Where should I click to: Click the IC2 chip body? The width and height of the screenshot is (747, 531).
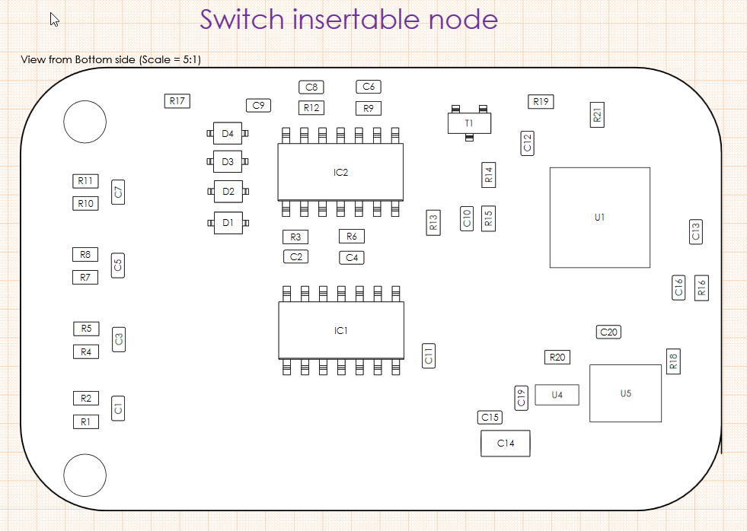point(340,173)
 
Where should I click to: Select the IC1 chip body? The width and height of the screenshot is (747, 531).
point(340,331)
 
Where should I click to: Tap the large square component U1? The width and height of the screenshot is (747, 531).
point(599,218)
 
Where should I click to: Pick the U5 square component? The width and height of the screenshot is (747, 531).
point(625,393)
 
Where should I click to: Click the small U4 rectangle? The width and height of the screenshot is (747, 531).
point(557,395)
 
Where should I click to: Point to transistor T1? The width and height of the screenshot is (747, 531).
point(468,122)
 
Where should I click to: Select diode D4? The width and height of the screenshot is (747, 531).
point(228,134)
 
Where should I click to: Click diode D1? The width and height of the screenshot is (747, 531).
point(228,223)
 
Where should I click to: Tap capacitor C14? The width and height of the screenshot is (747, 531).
point(505,443)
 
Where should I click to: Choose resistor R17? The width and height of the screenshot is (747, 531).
point(177,100)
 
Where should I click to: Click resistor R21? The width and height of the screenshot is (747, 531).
point(597,115)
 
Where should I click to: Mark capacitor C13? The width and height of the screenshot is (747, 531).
point(694,231)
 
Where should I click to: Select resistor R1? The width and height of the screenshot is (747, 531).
point(85,421)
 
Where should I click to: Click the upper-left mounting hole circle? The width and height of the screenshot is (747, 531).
point(85,122)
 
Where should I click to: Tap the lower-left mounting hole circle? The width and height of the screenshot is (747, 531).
point(85,475)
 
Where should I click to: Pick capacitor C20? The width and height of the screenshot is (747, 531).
point(608,332)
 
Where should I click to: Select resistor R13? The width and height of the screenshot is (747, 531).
point(433,222)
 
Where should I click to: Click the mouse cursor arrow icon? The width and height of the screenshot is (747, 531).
point(54,20)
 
